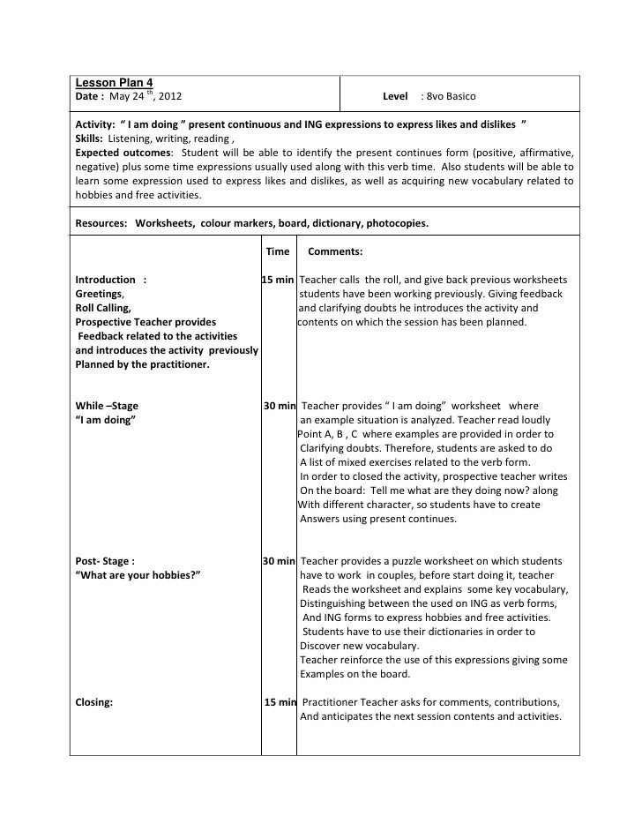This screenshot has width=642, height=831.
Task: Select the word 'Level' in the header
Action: [x=395, y=95]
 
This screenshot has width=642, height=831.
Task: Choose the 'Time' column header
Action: [x=277, y=251]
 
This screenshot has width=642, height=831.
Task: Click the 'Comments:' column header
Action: [x=335, y=251]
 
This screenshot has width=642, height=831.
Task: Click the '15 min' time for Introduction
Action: [x=278, y=280]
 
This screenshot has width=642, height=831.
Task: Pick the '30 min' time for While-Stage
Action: [x=280, y=406]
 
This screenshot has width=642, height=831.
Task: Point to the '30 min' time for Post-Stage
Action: [x=279, y=561]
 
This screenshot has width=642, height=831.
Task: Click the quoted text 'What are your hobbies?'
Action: [x=138, y=575]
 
